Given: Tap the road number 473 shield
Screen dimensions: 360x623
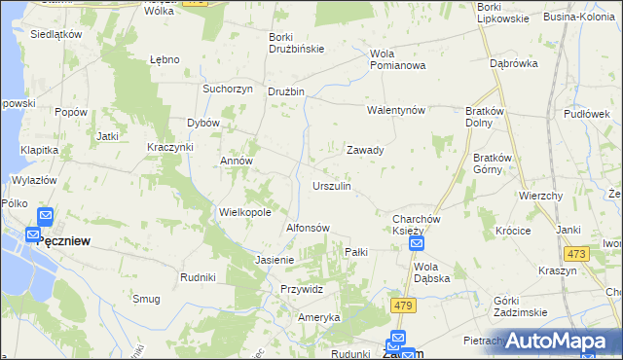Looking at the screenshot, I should click(x=577, y=254).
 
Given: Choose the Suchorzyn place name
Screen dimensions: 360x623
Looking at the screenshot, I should click(x=228, y=89).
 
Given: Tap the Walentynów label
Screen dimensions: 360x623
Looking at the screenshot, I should click(x=397, y=110).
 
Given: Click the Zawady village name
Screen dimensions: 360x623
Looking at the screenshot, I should click(x=365, y=151).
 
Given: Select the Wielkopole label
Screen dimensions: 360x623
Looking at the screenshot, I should click(x=244, y=211).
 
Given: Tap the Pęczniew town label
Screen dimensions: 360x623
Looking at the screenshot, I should click(x=63, y=241).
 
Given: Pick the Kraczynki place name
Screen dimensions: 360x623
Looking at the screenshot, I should click(x=170, y=146).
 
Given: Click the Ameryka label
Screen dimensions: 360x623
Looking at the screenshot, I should click(x=319, y=317).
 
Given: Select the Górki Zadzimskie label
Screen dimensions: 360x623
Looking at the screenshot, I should click(x=521, y=306).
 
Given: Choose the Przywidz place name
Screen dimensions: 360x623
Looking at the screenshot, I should click(x=302, y=289).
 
